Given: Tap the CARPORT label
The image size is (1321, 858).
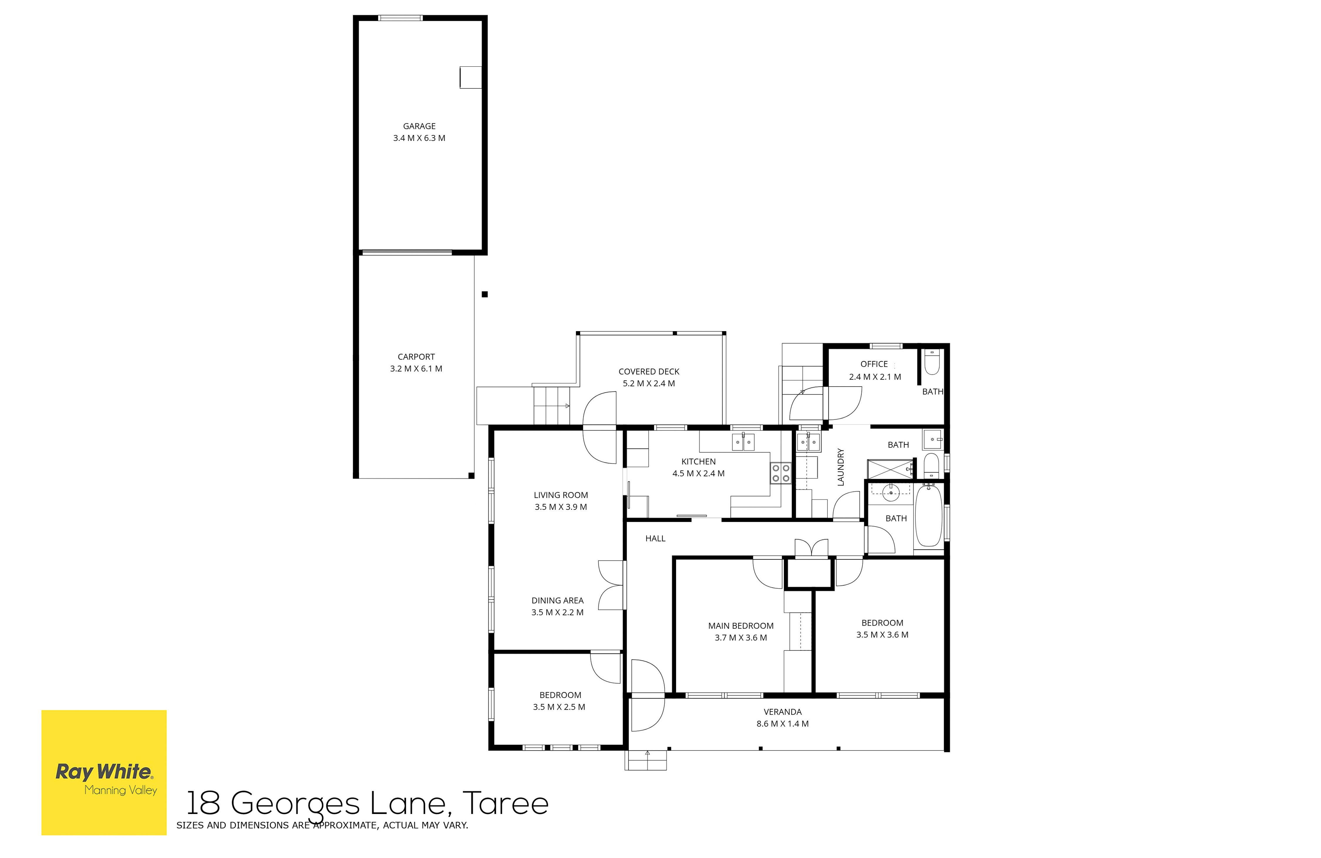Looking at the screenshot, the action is pyautogui.click(x=416, y=357).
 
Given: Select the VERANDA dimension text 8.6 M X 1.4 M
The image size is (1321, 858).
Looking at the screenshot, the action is pyautogui.click(x=782, y=724).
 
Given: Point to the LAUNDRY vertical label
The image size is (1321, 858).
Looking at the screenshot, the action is pyautogui.click(x=840, y=467).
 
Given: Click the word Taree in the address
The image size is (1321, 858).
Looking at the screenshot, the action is pyautogui.click(x=505, y=803).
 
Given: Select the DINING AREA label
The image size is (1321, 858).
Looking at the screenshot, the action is pyautogui.click(x=557, y=601).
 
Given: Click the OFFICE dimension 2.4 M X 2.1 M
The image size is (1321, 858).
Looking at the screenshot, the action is pyautogui.click(x=875, y=377).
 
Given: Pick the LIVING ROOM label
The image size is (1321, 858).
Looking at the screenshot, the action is pyautogui.click(x=561, y=495).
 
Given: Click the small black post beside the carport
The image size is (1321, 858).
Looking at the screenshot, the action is pyautogui.click(x=485, y=295).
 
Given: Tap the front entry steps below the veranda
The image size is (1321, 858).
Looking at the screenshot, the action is pyautogui.click(x=646, y=760).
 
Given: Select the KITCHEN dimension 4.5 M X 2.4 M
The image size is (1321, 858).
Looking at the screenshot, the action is pyautogui.click(x=698, y=473).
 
